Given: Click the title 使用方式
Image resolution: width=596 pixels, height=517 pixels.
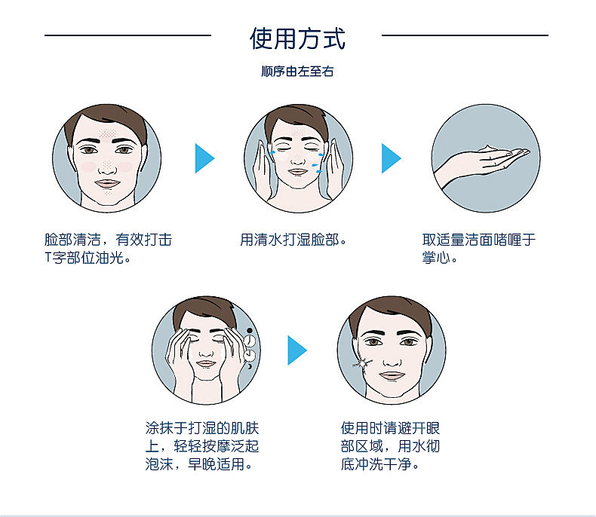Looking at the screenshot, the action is pos(297,38).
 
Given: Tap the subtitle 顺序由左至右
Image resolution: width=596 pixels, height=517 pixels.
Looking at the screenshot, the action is pos(297,72).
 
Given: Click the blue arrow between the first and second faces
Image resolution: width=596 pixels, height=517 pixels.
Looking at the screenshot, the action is pos(204,158).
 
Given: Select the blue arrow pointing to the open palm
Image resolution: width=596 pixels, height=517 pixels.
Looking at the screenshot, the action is pos(391,158).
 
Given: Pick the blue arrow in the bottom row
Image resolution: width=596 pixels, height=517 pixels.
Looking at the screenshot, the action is pos(296,350).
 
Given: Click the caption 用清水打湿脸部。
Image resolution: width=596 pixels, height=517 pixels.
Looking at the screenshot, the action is pos(293,240).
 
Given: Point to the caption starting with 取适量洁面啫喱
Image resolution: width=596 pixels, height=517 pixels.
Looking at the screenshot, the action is pos(479,249).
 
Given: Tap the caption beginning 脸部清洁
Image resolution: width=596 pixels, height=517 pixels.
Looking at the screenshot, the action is pos(109,249).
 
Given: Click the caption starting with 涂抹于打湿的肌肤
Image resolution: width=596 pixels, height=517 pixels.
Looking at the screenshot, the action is pos(202,446).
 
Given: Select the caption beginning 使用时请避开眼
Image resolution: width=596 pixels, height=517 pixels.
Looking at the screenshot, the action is pos(390,446).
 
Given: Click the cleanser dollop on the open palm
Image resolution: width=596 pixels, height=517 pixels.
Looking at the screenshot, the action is pos(488,148).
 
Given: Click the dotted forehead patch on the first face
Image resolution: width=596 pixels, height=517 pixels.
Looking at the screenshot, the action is pos(108,133).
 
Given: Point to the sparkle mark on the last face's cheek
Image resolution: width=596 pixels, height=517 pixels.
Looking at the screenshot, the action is pos(361,364).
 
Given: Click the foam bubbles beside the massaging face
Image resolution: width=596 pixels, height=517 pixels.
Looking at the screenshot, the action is pos(250,348).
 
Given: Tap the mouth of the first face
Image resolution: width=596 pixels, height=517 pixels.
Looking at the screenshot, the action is pos(108,183).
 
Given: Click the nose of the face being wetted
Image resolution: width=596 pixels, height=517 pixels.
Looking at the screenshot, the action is pos(298,160).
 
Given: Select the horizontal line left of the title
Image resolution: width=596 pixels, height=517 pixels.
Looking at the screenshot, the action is pos(127,35).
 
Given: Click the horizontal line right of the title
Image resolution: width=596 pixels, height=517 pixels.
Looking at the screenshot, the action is pos(465,35).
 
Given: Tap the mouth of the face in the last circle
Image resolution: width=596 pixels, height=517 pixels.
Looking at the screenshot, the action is pos(392,375).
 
